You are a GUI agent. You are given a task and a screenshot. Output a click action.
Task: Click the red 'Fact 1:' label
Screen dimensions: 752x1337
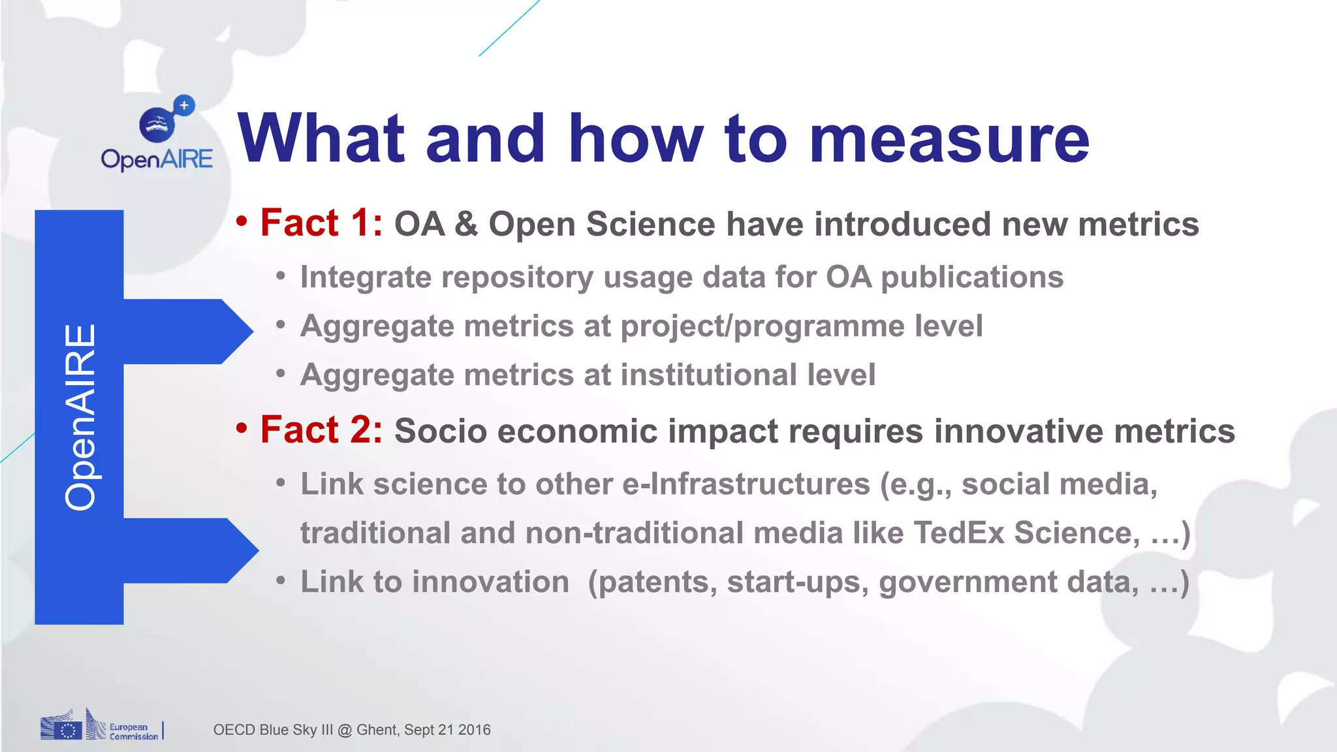click(x=321, y=223)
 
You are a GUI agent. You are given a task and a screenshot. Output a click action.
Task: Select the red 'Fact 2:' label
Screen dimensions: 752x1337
click(x=321, y=430)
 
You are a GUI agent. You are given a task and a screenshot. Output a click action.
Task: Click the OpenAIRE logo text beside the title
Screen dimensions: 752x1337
click(x=157, y=159)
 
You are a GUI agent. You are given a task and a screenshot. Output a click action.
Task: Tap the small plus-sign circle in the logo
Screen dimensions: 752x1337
click(x=184, y=105)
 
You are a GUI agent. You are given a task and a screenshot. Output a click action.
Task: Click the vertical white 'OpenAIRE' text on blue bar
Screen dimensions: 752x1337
click(x=80, y=417)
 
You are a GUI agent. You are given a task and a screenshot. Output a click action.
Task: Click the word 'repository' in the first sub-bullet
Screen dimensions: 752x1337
click(x=517, y=277)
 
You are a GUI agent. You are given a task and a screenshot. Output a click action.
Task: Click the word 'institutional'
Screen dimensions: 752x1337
click(x=708, y=375)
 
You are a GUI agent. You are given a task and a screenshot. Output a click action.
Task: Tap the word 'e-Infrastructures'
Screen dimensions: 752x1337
click(x=746, y=484)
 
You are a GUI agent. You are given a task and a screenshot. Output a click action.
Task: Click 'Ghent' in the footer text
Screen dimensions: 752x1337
click(x=376, y=730)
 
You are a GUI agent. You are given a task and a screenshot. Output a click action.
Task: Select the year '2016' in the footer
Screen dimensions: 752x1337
click(x=474, y=730)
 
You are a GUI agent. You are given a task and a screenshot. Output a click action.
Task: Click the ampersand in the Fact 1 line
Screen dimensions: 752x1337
click(x=466, y=225)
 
